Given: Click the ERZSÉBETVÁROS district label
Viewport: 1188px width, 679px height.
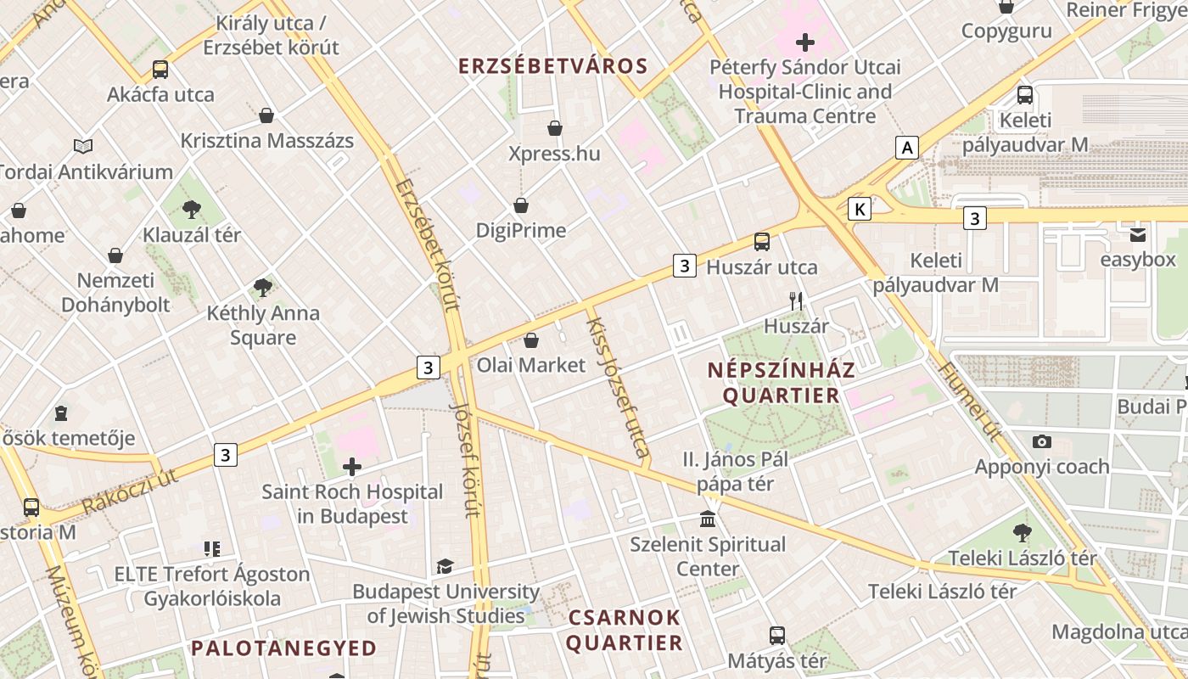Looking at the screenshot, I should pyautogui.click(x=552, y=66).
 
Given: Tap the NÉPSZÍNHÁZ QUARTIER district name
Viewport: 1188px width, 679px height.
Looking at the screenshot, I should pyautogui.click(x=781, y=383).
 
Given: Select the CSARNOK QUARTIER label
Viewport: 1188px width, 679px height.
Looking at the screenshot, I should pyautogui.click(x=624, y=630).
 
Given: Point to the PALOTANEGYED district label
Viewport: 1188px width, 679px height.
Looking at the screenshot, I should pyautogui.click(x=283, y=648).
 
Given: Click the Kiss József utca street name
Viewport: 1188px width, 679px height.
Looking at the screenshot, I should pyautogui.click(x=617, y=389).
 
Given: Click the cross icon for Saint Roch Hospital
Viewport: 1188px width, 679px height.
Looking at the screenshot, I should pyautogui.click(x=352, y=466).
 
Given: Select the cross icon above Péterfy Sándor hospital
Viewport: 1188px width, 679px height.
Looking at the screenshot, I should pyautogui.click(x=804, y=42).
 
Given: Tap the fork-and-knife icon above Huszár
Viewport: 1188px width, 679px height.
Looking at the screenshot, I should pyautogui.click(x=796, y=300).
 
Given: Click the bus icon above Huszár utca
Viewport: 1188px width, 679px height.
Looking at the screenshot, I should pyautogui.click(x=762, y=242).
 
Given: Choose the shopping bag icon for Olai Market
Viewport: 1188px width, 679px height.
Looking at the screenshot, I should pyautogui.click(x=531, y=340).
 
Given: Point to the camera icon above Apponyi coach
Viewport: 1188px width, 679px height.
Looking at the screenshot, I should pyautogui.click(x=1042, y=441).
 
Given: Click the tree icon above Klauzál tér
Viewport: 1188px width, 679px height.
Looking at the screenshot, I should pyautogui.click(x=192, y=209).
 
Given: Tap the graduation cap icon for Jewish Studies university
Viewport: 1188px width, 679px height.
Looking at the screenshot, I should pyautogui.click(x=445, y=566).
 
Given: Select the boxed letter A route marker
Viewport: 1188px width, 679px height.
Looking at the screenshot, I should pyautogui.click(x=907, y=148).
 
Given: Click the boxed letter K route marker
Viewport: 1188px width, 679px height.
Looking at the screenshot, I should pyautogui.click(x=860, y=209).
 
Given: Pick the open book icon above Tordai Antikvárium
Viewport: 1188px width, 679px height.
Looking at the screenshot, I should pyautogui.click(x=82, y=147).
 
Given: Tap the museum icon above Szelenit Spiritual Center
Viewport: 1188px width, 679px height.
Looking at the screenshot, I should pyautogui.click(x=708, y=518).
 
